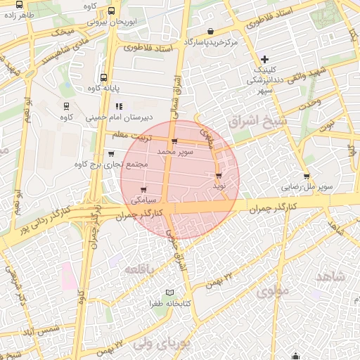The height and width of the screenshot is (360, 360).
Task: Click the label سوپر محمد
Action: point(174,151)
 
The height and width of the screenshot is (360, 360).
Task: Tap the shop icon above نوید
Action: point(219,176)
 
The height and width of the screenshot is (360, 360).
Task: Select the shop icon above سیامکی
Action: point(143,190)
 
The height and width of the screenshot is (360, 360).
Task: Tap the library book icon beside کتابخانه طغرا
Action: point(169,292)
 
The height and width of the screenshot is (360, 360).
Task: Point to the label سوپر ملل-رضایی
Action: point(307,187)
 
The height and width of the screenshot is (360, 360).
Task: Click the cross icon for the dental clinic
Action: point(264,59)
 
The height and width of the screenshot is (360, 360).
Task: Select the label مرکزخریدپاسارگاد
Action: point(211,42)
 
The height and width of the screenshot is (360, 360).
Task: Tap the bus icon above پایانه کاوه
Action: point(104,78)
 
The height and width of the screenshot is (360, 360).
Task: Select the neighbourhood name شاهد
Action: point(331,276)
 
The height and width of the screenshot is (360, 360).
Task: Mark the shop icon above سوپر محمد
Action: point(174,141)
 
